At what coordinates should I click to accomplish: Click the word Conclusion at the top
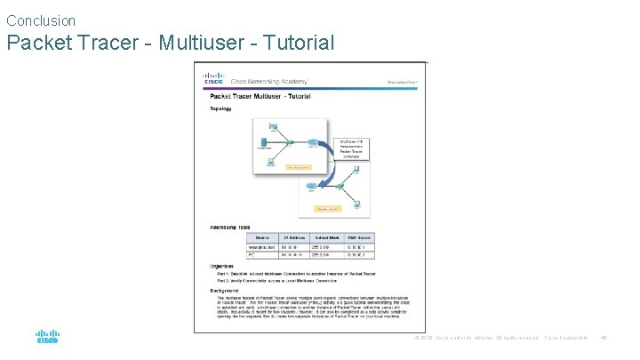tap(41, 20)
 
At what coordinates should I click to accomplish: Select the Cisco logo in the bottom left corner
tap(47, 338)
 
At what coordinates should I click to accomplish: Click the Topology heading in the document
tap(220, 109)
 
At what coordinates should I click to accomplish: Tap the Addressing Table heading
tap(229, 227)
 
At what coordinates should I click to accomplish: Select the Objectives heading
tap(222, 266)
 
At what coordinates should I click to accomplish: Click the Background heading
tap(224, 291)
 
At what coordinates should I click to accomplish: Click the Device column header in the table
tap(262, 237)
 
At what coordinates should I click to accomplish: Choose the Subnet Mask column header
tap(329, 237)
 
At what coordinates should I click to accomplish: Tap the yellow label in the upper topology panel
tap(296, 166)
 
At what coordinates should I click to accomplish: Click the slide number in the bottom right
tap(604, 338)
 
